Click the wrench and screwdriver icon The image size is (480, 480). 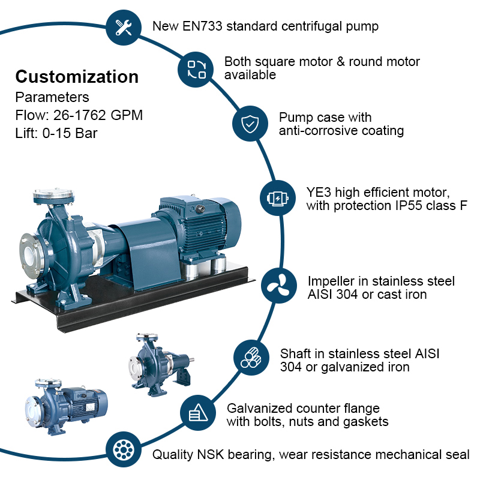(x=124, y=27)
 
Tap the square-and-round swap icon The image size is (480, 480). (x=196, y=70)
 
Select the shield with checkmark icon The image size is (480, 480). (x=250, y=124)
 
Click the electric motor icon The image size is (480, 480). (x=277, y=198)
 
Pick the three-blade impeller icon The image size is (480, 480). (x=278, y=286)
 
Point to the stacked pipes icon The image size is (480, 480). (x=251, y=358)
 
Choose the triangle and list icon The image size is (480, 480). (x=198, y=412)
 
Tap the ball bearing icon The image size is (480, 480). (x=124, y=450)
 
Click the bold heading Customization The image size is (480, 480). (x=77, y=77)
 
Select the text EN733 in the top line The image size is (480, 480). (x=202, y=26)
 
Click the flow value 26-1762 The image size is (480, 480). (x=80, y=115)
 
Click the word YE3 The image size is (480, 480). (x=319, y=192)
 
